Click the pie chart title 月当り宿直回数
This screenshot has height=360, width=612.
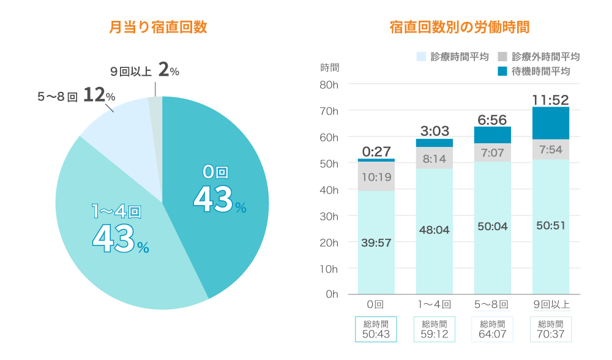point(158,28)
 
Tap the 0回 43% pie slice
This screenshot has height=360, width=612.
point(220,196)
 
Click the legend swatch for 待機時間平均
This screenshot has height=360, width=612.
point(502,71)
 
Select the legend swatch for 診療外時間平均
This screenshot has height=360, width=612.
point(502,56)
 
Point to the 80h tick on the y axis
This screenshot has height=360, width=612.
point(329,84)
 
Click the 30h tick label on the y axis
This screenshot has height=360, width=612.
point(329,216)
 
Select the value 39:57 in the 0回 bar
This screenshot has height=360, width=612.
point(376,243)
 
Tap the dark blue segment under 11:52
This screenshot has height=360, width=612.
point(550,122)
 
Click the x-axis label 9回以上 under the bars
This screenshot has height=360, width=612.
point(551,304)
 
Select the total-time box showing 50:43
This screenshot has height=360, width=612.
point(376,329)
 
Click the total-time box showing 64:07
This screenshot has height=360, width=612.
point(492,329)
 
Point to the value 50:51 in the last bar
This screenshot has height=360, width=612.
point(550,225)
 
